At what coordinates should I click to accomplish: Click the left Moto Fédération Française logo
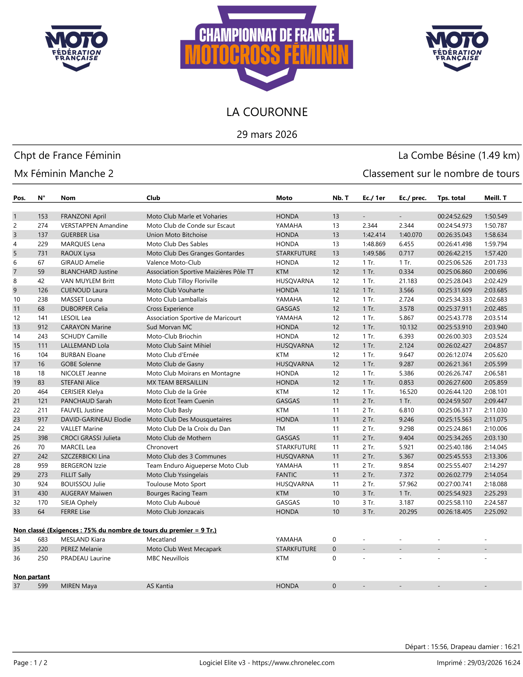click(76, 48)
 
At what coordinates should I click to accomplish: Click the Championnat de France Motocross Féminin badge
click(266, 48)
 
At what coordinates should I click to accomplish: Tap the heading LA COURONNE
click(267, 112)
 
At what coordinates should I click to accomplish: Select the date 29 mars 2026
click(267, 134)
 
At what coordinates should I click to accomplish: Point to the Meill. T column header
click(495, 198)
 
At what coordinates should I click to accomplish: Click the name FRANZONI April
click(83, 216)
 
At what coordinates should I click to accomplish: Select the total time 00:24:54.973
click(454, 226)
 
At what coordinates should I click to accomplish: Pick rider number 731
click(43, 253)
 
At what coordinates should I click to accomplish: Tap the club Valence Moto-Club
click(174, 262)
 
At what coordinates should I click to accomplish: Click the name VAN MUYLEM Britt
click(87, 281)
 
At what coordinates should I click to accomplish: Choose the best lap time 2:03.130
click(496, 438)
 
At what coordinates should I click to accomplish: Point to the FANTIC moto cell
click(286, 475)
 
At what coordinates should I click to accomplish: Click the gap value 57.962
click(408, 484)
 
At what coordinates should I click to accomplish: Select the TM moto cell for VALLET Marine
click(280, 429)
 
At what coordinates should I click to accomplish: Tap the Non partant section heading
click(31, 577)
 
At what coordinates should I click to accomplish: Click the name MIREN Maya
click(79, 586)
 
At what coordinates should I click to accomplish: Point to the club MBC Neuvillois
click(168, 558)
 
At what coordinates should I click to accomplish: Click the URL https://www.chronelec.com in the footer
click(293, 663)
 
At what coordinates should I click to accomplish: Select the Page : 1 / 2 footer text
click(30, 663)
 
